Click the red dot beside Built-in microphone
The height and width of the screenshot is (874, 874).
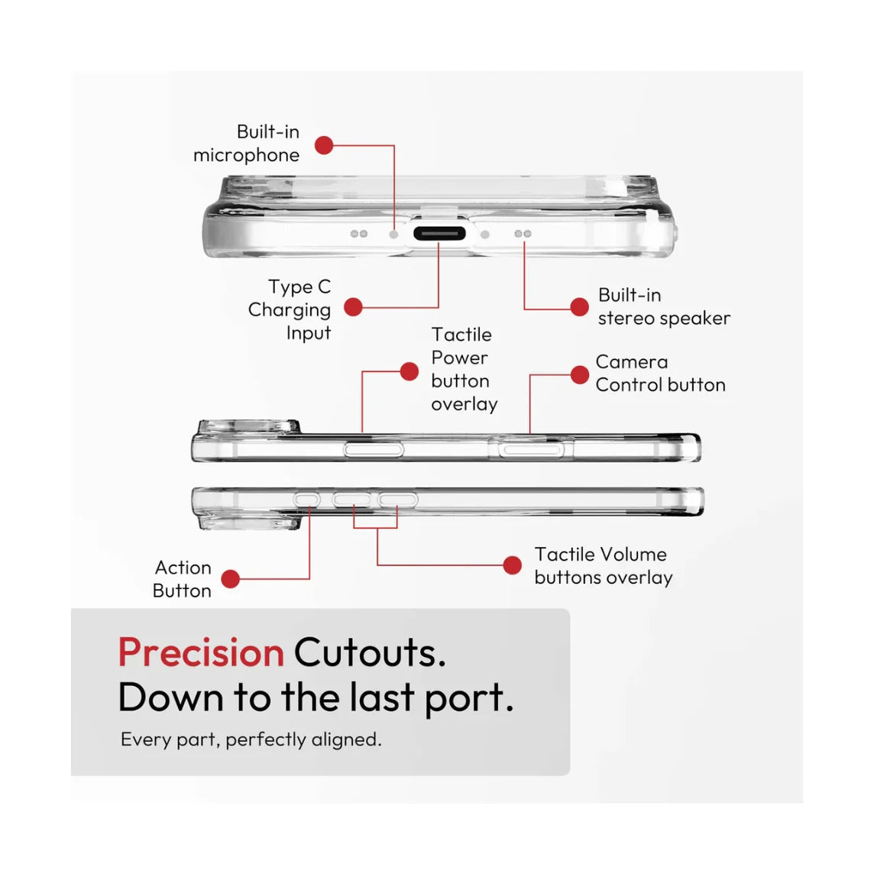324,145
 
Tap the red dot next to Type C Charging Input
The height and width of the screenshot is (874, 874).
354,307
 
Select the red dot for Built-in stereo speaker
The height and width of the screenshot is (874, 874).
580,306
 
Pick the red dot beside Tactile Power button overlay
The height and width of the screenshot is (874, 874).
409,371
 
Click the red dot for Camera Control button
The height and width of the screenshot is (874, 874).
580,374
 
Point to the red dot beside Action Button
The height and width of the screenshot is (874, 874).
230,578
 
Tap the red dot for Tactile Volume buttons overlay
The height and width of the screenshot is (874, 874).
512,565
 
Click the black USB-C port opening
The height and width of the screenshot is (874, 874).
439,234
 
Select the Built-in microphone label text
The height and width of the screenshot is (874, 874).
246,144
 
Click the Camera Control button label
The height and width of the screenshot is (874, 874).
661,374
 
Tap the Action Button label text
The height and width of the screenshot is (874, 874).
183,579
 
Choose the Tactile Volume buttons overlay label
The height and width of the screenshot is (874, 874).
603,566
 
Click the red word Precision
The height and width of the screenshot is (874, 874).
201,652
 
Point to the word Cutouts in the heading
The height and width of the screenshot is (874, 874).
370,652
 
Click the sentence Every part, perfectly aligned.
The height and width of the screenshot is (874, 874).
251,740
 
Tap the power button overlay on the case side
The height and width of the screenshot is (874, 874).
374,449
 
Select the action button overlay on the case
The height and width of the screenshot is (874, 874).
307,500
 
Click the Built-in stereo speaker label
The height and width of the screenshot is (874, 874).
664,306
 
